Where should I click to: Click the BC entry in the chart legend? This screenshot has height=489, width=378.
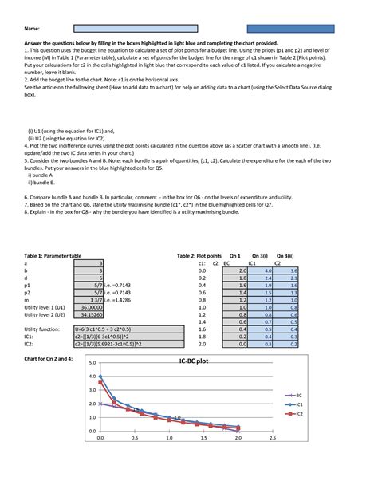(298, 395)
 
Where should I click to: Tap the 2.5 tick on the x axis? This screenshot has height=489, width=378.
(273, 438)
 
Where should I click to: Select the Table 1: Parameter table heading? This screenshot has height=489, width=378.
(52, 254)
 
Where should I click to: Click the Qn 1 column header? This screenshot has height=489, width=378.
(234, 254)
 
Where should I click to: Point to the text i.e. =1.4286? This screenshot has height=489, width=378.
(120, 299)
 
